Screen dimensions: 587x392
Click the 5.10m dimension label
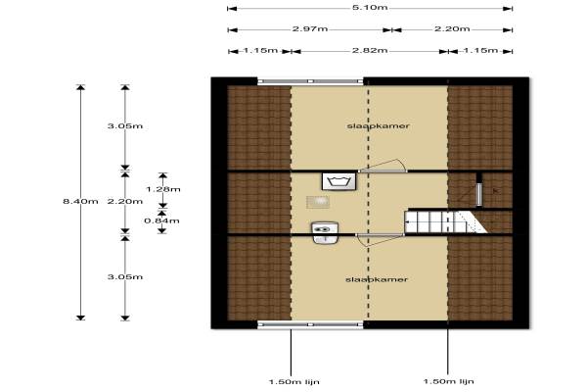pos(370,8)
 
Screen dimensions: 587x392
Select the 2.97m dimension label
pos(310,28)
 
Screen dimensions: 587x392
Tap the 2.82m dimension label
pos(370,50)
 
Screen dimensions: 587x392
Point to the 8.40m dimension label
pos(80,202)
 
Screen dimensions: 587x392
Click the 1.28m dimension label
pos(163,189)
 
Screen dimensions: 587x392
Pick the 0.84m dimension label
pos(161,220)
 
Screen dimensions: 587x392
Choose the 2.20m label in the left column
pos(125,202)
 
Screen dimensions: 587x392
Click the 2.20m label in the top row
pos(452,28)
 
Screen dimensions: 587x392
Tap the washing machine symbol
pos(339,181)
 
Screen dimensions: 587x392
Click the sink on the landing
pos(326,233)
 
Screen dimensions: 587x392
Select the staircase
pos(445,221)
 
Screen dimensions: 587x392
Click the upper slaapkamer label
pos(378,126)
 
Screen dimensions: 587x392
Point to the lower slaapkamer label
pos(377,279)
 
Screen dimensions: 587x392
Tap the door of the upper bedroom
pos(383,167)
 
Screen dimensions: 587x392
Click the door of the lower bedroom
pos(380,239)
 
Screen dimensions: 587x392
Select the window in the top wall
pos(310,81)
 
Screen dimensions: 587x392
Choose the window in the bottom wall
pos(310,324)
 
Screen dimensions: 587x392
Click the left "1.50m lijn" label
pos(294,382)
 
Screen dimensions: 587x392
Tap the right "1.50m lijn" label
pos(448,381)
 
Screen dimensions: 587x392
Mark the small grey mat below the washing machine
pos(318,202)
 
